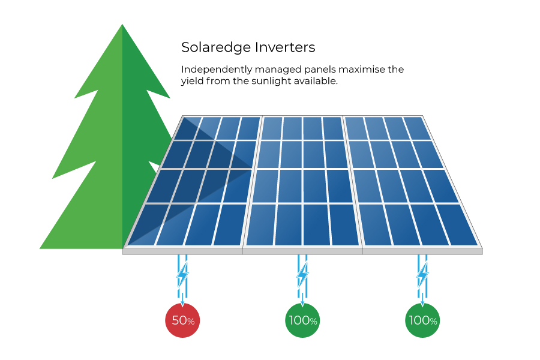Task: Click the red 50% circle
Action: coord(182,320)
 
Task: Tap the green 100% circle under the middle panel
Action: coord(302,320)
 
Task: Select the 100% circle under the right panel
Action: coord(422,320)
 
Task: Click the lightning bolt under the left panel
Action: coord(182,275)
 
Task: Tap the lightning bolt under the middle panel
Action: coord(302,275)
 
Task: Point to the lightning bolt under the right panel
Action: coord(422,275)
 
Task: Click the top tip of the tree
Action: coord(122,24)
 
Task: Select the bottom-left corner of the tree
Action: coord(40,248)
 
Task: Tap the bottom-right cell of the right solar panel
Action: coord(457,225)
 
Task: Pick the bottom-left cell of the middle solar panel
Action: coord(261,225)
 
